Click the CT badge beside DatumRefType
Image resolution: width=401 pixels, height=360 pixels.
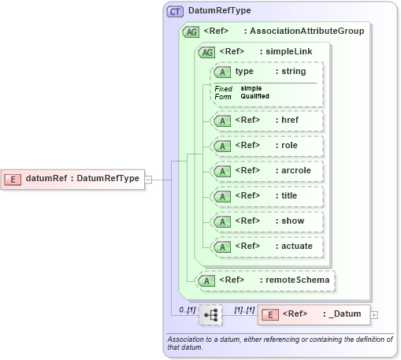(x=175, y=12)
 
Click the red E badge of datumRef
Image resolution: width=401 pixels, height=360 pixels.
(x=13, y=178)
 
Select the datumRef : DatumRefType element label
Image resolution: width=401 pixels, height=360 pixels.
(x=82, y=178)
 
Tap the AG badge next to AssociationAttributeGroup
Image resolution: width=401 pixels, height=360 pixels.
(x=191, y=32)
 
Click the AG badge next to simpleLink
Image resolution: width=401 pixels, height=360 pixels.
(x=207, y=52)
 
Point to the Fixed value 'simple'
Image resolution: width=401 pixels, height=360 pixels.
(x=251, y=88)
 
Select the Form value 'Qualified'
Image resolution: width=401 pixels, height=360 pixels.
(x=254, y=96)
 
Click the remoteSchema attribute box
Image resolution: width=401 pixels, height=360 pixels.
(x=265, y=280)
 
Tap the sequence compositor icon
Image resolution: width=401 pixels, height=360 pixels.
(x=210, y=315)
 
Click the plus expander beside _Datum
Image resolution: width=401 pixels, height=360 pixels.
(x=374, y=315)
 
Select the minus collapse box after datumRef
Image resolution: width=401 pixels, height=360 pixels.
(x=148, y=179)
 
